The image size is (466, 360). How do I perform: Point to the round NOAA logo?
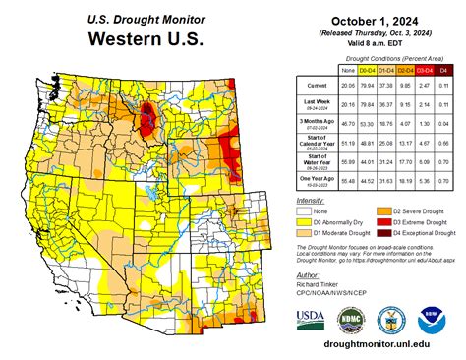click(x=431, y=319)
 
